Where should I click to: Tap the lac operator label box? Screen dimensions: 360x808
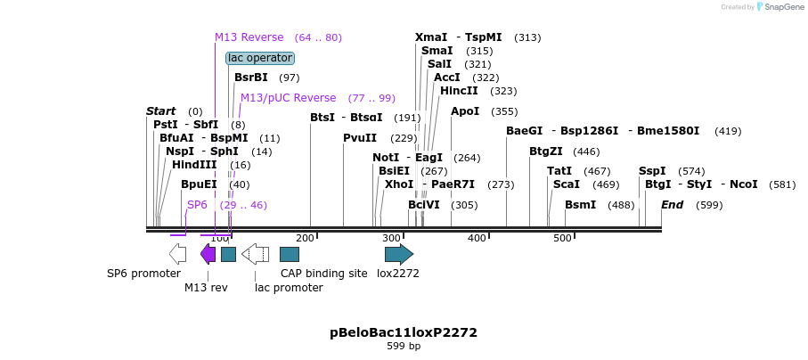click(x=259, y=58)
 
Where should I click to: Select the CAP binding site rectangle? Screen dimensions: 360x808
click(x=289, y=254)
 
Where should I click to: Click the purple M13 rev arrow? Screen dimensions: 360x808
click(x=208, y=254)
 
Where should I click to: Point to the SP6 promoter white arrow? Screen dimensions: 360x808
click(x=177, y=254)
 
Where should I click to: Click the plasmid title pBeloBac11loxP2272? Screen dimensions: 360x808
click(x=404, y=332)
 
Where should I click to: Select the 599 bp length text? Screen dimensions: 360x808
click(x=404, y=346)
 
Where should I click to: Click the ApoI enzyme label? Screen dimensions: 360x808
click(x=465, y=111)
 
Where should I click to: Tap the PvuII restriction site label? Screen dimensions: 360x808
click(x=360, y=138)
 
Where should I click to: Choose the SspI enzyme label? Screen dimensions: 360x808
click(x=652, y=171)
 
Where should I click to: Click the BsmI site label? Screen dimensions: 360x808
click(x=580, y=205)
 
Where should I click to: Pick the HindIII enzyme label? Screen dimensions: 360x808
click(x=194, y=165)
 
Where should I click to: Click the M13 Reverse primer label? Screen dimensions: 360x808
click(x=249, y=37)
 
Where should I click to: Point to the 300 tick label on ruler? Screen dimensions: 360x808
click(x=390, y=238)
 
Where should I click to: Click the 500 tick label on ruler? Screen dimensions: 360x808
click(x=562, y=238)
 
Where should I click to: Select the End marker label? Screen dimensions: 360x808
click(x=672, y=205)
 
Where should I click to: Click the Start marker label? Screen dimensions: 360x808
click(x=161, y=111)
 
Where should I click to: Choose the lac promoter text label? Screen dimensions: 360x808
click(x=289, y=287)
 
